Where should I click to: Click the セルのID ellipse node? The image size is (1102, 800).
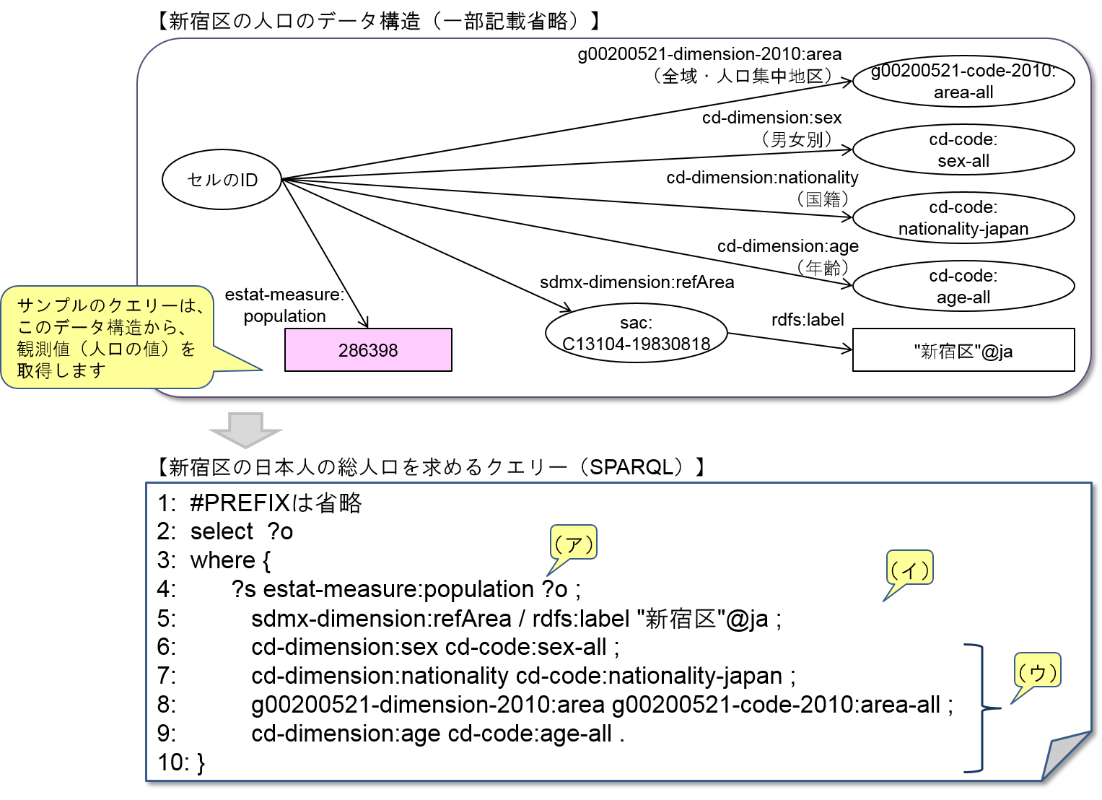coord(222,180)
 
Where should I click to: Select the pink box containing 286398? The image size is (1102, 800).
coord(368,350)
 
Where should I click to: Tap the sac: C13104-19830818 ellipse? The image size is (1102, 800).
coord(636,334)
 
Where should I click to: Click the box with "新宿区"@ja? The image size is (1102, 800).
coord(963,351)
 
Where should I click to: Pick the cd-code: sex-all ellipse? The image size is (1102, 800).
coord(963,149)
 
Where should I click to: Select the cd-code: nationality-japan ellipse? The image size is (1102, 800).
coord(963,218)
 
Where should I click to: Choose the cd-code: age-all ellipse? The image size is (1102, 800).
coord(963,287)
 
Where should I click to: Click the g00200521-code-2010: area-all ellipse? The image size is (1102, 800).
coord(963,81)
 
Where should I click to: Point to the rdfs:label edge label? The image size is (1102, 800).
coord(808,319)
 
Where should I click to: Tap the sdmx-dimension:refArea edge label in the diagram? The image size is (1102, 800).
coord(637,282)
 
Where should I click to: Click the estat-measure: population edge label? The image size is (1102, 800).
coord(284,305)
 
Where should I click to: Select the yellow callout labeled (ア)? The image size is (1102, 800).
coord(574,543)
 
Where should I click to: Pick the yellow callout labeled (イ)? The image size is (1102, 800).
coord(909,569)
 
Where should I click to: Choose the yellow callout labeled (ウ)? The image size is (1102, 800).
coord(1037,671)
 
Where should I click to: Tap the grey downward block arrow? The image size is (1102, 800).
coord(245,430)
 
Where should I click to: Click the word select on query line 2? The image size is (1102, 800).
coord(222,531)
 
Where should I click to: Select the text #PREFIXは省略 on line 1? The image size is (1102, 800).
coord(276,503)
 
